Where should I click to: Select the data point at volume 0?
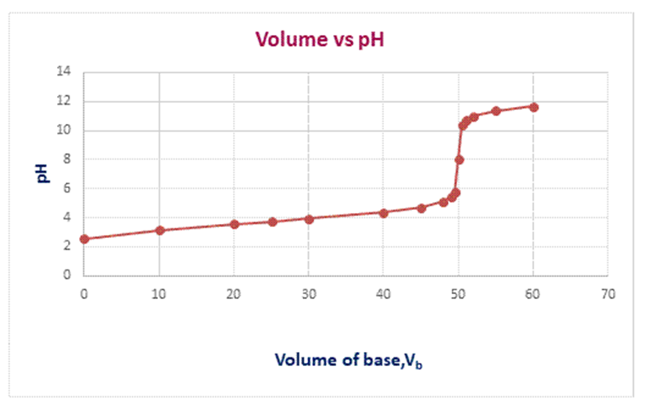84,239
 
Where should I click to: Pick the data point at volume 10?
159,230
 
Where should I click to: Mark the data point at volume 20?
235,224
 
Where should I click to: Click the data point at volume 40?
384,212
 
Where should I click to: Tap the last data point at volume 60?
534,107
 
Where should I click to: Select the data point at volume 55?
496,111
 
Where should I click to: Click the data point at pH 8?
460,159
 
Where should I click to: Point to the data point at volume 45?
421,208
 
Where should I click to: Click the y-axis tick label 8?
67,159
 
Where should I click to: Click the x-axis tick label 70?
608,294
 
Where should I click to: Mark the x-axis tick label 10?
159,294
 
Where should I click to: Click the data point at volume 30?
309,218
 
